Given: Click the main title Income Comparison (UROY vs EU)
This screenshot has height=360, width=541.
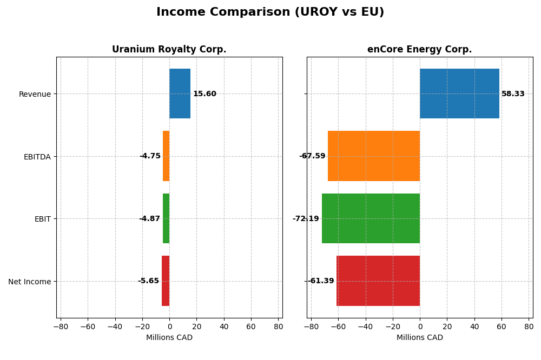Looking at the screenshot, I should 270,12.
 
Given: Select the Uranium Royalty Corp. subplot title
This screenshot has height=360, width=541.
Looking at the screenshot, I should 169,49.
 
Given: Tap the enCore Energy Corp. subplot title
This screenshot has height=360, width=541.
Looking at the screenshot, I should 419,49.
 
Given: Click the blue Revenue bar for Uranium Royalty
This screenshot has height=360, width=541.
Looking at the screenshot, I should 180,94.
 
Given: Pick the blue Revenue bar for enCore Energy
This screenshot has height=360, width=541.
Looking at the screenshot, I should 459,94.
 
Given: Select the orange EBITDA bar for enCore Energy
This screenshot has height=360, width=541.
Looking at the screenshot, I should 374,156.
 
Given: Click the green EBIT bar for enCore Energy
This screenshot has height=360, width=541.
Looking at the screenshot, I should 371,218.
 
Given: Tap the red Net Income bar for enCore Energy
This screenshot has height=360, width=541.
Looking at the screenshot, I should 378,281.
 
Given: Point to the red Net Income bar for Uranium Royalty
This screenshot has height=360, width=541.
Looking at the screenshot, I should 166,281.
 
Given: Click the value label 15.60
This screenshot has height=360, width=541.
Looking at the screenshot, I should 204,94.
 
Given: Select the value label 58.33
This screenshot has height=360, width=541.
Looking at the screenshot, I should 513,94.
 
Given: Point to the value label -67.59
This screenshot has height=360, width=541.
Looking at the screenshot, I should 312,156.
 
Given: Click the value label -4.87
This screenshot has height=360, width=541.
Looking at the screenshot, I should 149,219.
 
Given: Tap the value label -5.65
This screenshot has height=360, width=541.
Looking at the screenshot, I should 148,281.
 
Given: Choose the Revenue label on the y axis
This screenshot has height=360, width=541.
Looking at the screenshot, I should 35,94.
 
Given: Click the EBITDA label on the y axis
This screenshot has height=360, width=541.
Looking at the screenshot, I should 37,157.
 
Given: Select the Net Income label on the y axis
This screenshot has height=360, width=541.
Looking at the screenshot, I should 29,282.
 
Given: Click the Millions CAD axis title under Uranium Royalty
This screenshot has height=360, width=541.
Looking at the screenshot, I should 169,338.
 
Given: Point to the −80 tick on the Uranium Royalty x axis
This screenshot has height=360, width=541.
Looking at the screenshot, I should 60,326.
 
